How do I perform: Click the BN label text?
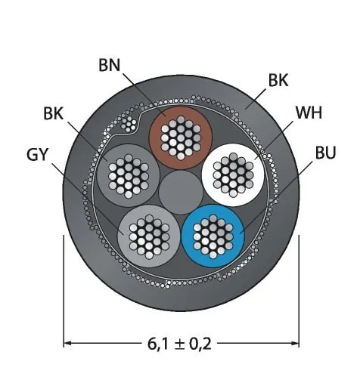coord(110,65)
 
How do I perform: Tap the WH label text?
coord(309,113)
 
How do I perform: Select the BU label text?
coord(325,153)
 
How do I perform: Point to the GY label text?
coord(37,154)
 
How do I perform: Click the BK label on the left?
coord(53,113)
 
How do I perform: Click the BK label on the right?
coord(278,80)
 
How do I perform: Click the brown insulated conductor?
coord(181,137)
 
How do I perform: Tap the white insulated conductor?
coord(233,174)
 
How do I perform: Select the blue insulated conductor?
coord(213,236)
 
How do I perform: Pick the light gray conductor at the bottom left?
coord(149,236)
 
